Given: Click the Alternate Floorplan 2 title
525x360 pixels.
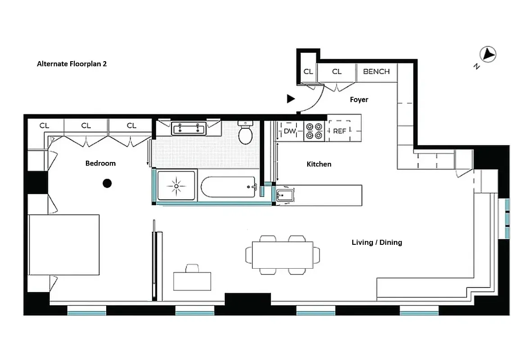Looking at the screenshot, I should (x=72, y=64).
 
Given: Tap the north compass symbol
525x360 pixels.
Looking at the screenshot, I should (x=488, y=55).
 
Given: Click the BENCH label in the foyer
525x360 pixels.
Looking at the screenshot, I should (x=376, y=72).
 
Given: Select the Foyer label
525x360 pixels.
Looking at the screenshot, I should (x=359, y=99).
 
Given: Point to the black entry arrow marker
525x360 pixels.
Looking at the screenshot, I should (x=291, y=99).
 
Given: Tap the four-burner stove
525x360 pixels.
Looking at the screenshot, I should (x=314, y=131).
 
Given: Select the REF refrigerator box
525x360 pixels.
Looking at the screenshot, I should (x=340, y=131).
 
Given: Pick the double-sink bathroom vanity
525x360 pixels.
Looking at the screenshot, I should (x=188, y=129).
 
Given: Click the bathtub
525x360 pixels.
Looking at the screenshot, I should (x=228, y=187).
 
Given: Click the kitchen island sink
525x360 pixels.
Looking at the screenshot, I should (x=285, y=196).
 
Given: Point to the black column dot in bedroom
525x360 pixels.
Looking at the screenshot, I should (x=107, y=183).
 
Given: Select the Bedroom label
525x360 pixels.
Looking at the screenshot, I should (x=100, y=163).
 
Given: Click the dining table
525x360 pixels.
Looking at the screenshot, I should (x=283, y=255).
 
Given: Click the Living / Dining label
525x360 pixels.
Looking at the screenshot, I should (x=377, y=243).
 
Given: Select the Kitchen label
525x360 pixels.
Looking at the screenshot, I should (x=319, y=164).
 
